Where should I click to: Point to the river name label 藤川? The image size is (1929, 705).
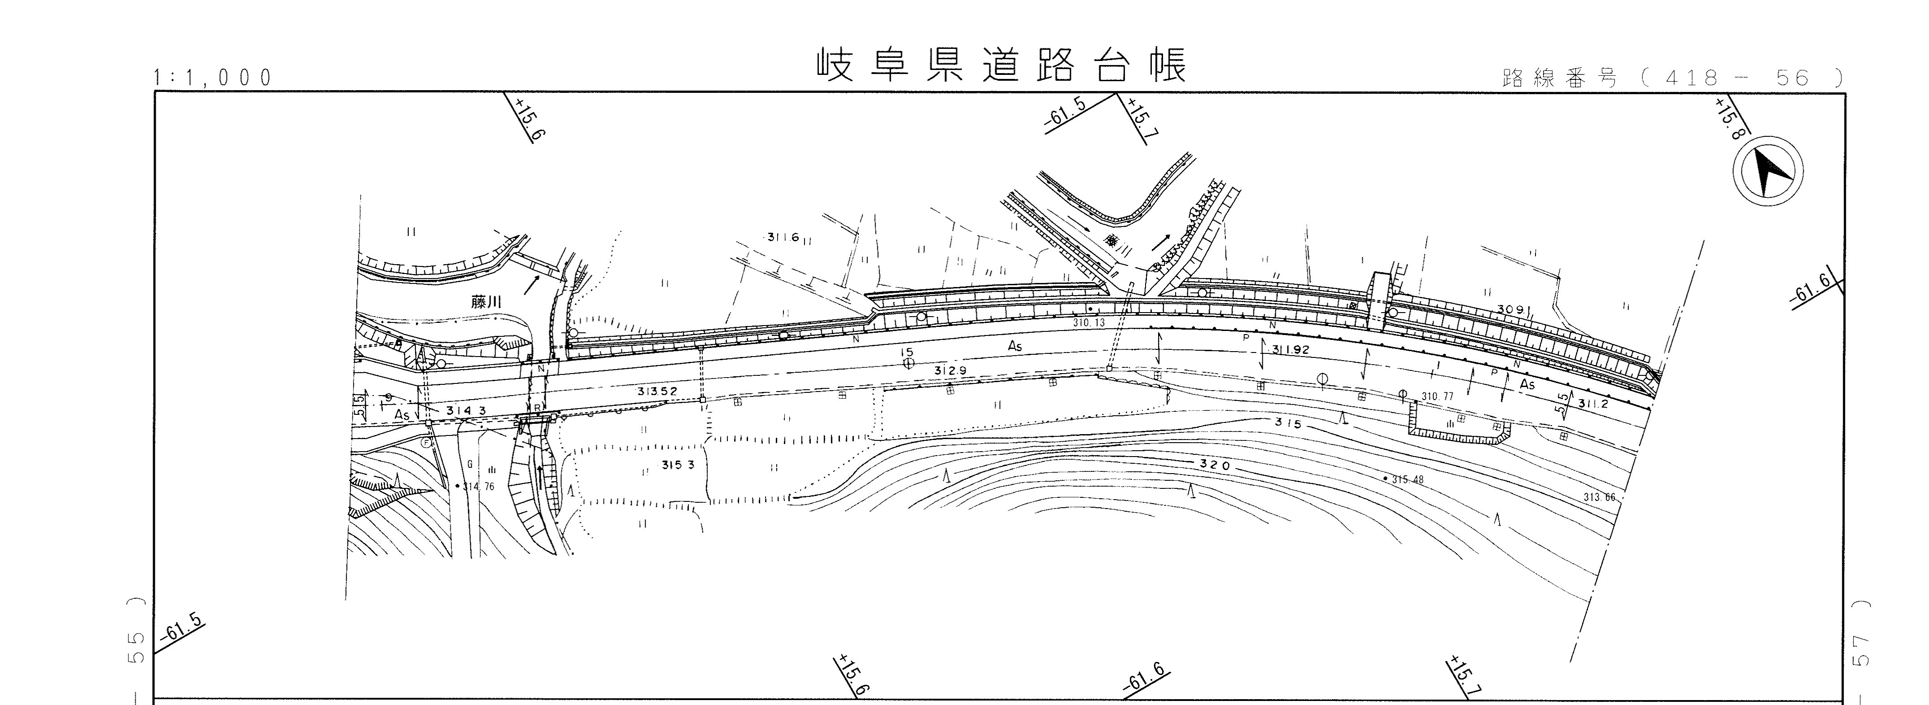pos(485,302)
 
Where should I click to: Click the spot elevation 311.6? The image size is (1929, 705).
pos(783,237)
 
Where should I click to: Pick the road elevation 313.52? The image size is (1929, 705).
pos(657,392)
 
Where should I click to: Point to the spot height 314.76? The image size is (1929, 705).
pos(478,487)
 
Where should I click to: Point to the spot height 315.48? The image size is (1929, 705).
pos(1407,480)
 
